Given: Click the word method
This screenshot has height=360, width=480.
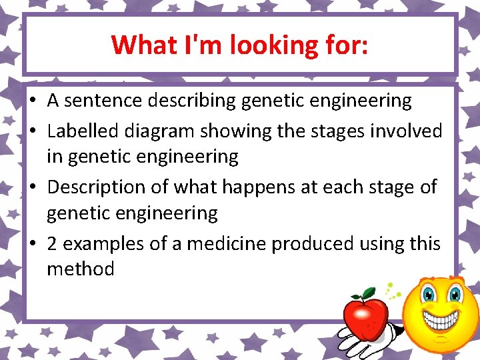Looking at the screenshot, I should click(x=80, y=269).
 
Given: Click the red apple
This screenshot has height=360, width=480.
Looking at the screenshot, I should click(x=365, y=313).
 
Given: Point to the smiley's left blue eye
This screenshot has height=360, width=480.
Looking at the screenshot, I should click(x=428, y=294).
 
